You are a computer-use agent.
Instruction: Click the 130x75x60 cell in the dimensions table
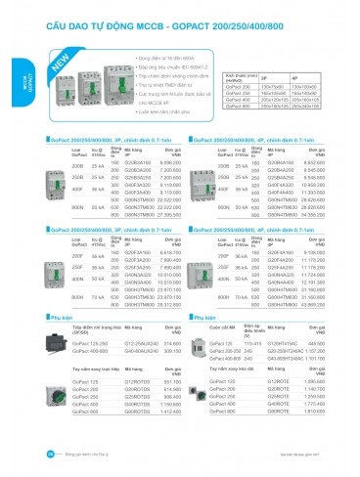coord(272,86)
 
